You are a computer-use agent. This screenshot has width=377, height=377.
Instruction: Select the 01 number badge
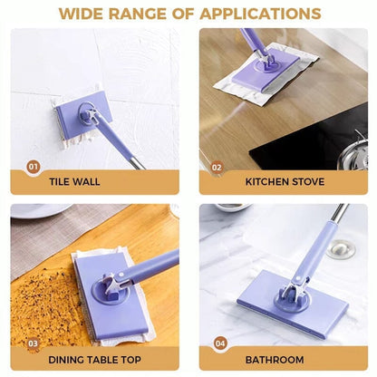(x=34, y=167)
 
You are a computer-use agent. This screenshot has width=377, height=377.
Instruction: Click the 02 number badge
(x=217, y=167)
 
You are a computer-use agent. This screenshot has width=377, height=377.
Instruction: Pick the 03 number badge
(x=34, y=343)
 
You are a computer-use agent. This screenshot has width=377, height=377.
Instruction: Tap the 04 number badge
(x=219, y=343)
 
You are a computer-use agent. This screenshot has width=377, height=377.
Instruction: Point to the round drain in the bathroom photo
(x=341, y=247)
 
